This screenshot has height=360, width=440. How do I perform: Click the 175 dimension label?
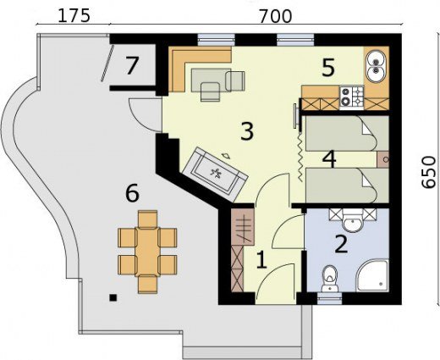coord(74,15)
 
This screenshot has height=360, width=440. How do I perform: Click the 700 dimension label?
coord(276,16)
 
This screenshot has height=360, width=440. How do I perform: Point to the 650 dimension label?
coord(429,172)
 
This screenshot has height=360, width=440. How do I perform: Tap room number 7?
coord(132,66)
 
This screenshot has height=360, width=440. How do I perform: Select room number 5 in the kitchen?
coord(328,68)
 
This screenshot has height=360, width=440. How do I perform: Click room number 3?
coord(247,131)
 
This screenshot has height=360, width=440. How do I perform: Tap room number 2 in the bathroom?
coord(341,244)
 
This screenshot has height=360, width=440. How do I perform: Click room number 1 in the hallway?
coord(261,260)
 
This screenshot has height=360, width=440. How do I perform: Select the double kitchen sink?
coord(375,66)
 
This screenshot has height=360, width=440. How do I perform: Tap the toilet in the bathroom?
coord(330,279)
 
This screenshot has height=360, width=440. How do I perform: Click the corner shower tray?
coord(372,275)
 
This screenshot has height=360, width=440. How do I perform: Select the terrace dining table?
coord(148,252)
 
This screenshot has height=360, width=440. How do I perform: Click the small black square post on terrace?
coord(113,297)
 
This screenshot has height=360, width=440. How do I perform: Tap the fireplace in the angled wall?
coord(215,174)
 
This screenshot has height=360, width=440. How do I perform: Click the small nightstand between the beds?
coord(383,160)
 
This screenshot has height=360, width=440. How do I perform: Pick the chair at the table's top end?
coord(147,219)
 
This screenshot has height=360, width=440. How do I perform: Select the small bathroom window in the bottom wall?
coord(329,299)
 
